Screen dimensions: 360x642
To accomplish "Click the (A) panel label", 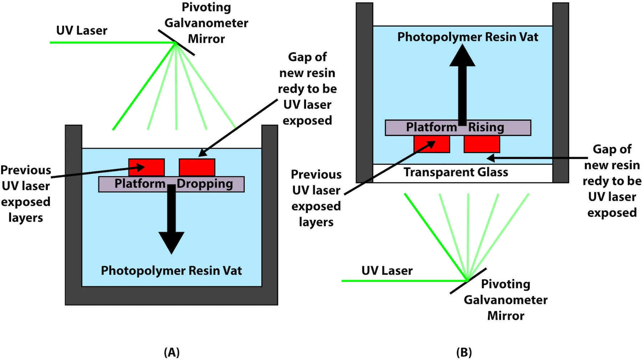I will click(x=172, y=352).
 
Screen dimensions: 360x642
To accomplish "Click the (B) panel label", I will click(x=464, y=352).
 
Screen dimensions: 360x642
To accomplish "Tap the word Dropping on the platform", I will click(x=205, y=184).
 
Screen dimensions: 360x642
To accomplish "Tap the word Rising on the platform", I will click(x=486, y=127).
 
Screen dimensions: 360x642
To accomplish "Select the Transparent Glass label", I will click(x=455, y=172).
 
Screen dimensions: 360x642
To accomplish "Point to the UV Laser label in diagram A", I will click(x=82, y=31).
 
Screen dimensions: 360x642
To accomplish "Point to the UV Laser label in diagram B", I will click(x=387, y=271).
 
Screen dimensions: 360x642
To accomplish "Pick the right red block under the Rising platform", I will click(x=481, y=144).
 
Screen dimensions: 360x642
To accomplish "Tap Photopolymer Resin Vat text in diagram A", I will click(x=171, y=271).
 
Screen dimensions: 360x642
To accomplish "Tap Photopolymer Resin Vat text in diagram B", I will click(x=468, y=37).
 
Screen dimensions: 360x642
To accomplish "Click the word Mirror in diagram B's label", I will click(x=505, y=316).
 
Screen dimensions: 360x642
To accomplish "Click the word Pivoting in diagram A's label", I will click(x=206, y=7).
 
